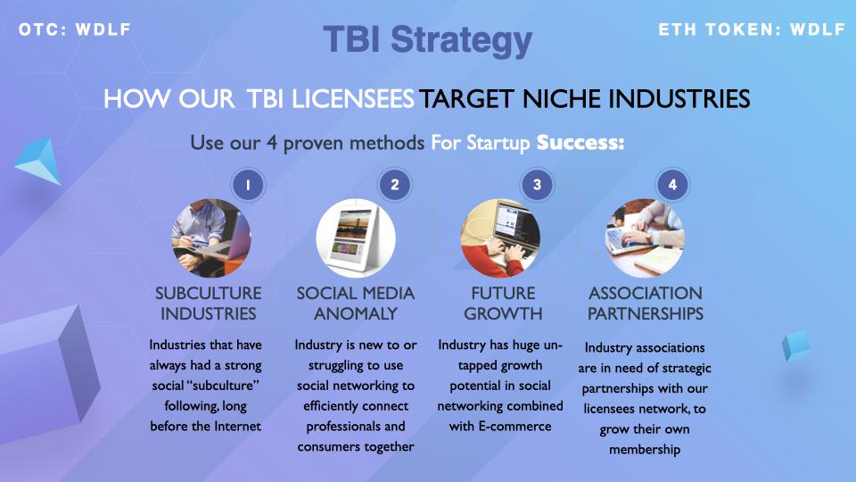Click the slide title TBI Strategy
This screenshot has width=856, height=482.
pos(427,40)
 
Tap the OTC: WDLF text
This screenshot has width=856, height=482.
pos(75,29)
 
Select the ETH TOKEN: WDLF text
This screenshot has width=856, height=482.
pos(752,29)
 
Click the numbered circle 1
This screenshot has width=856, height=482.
pos(248,186)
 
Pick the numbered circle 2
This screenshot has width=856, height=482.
pos(395,186)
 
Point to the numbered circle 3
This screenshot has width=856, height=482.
pos(537,186)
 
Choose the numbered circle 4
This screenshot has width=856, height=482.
pos(672,186)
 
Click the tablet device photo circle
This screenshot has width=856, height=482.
pos(356,238)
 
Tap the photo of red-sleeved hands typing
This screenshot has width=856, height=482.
pos(500,238)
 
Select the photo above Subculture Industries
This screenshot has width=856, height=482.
pos(211,238)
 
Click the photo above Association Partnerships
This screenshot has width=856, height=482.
pos(645,238)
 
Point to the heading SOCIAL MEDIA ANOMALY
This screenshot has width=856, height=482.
pos(356,303)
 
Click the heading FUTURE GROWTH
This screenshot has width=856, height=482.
pos(503,303)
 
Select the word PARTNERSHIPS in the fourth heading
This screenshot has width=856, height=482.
pos(646,313)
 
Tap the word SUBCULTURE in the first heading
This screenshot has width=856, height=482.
pos(209,294)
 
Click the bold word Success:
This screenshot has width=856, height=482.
pos(580,143)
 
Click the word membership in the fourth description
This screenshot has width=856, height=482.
pos(645,450)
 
